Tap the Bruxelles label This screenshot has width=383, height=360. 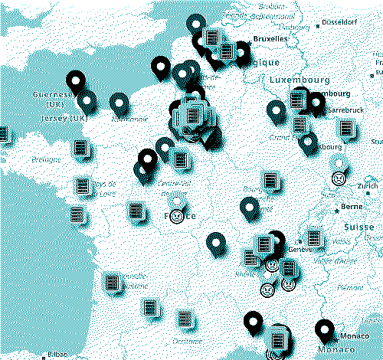(270, 38)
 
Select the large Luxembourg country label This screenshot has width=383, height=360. (299, 80)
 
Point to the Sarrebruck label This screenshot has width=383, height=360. (345, 110)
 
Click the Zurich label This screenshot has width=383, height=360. (367, 186)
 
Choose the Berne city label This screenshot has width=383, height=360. (351, 207)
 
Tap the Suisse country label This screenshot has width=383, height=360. (358, 227)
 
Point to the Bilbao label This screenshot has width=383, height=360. (56, 354)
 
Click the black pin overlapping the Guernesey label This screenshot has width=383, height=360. (76, 80)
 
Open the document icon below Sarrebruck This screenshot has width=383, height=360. (347, 128)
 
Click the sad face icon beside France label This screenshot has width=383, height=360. (178, 217)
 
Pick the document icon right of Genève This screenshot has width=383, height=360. (313, 238)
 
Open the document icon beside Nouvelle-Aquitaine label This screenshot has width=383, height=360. (113, 282)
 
